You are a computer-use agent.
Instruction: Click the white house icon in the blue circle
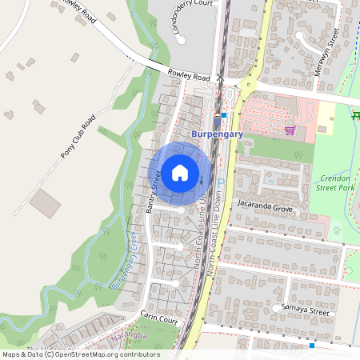tap(180, 172)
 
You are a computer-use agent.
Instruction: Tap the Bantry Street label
tap(154, 192)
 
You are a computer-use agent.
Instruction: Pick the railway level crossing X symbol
tap(220, 78)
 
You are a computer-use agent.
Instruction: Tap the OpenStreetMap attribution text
tap(80, 354)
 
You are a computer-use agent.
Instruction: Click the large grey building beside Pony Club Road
tap(45, 203)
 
